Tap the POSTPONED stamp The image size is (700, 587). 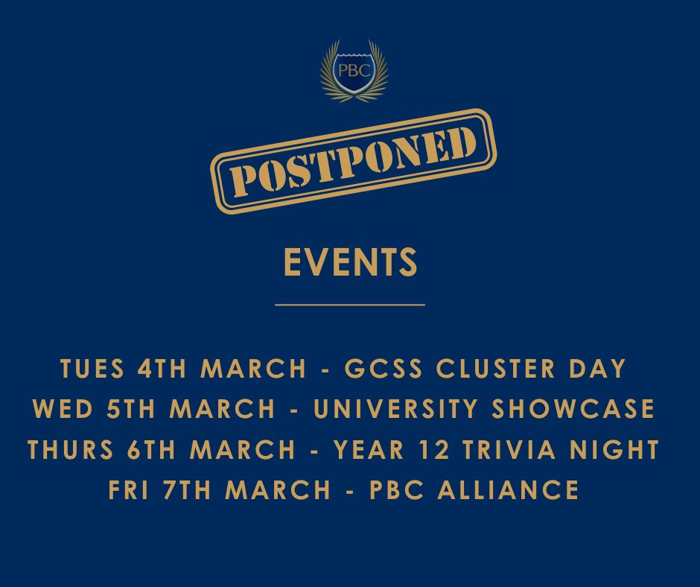[x=354, y=160]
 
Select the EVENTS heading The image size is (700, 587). [x=350, y=262]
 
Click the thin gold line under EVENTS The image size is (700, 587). [x=350, y=305]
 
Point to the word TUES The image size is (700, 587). [x=92, y=369]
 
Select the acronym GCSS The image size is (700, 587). [x=372, y=369]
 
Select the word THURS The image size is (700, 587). [x=70, y=450]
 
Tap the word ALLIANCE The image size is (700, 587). [x=506, y=490]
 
